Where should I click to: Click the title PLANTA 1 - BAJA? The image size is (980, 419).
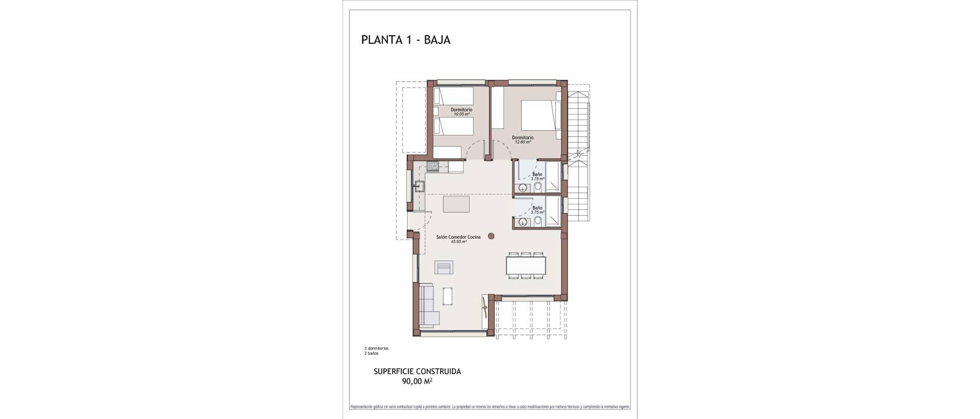pos(406,40)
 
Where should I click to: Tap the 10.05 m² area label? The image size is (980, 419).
pos(461,114)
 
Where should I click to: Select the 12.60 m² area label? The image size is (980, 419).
pos(522,142)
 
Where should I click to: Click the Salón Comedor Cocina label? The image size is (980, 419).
pos(458,237)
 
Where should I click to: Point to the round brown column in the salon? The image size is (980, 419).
pos(491,236)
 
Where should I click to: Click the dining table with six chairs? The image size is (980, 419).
pos(526,265)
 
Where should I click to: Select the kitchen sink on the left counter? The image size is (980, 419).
pos(420,186)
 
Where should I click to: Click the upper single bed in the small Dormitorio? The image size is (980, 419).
pos(454,96)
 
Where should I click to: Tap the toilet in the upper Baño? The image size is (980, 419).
pos(538,188)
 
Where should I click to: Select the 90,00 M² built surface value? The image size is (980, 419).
pos(418,381)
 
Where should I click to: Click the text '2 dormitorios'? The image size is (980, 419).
pos(376,348)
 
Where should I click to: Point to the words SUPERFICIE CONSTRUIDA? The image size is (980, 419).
pos(418,371)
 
